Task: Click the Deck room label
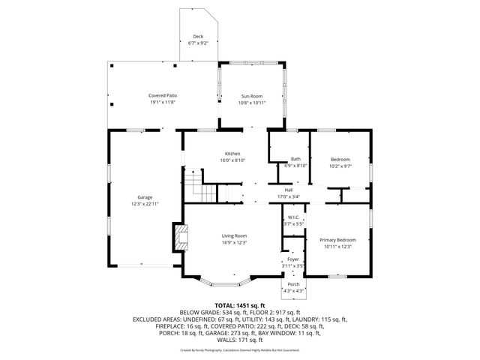(x=198, y=37)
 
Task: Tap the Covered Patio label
(x=163, y=95)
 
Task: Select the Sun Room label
(x=251, y=95)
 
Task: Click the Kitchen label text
(x=232, y=154)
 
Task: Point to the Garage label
(x=145, y=197)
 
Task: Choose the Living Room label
(x=234, y=235)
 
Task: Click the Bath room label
(x=296, y=159)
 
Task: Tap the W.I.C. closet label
(x=293, y=217)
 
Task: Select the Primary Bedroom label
(x=337, y=240)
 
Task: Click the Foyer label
(x=293, y=259)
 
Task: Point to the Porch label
(x=293, y=284)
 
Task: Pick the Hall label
(x=288, y=190)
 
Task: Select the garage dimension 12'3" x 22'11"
(x=145, y=203)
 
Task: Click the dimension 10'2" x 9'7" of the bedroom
(x=341, y=166)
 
